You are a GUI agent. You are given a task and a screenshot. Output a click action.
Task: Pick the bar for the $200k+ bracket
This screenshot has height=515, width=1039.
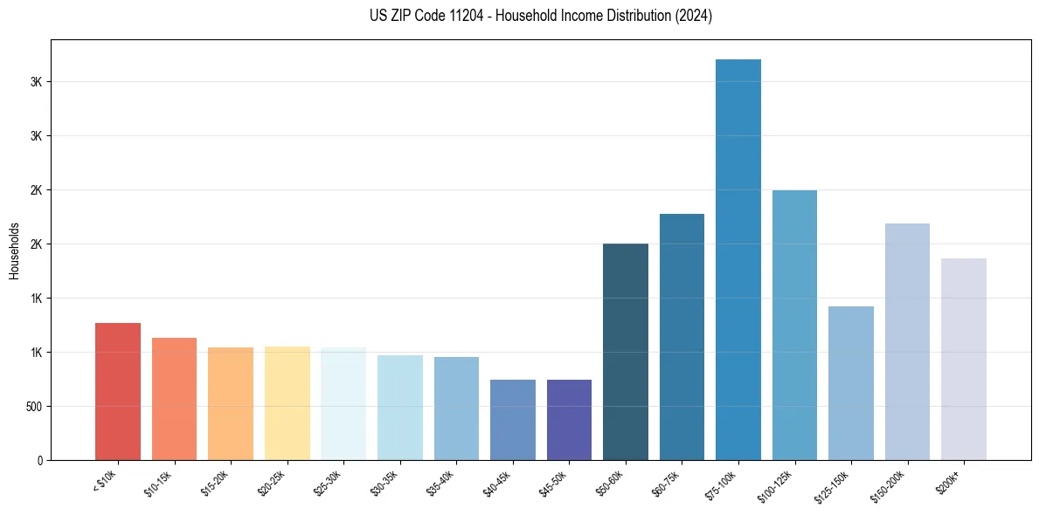(x=964, y=359)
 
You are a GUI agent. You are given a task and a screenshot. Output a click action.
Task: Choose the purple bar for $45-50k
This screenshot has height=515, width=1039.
(x=569, y=420)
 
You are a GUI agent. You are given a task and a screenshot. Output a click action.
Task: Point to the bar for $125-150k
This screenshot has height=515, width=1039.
(x=851, y=383)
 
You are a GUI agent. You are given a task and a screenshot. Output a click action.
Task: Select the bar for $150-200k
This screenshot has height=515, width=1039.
(x=907, y=341)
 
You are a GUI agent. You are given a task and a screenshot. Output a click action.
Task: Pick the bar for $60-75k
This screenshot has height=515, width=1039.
(x=682, y=337)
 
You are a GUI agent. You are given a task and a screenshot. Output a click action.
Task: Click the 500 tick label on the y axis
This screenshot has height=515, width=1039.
(x=34, y=407)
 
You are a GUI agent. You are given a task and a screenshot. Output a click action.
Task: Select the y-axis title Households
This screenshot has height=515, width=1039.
(x=15, y=251)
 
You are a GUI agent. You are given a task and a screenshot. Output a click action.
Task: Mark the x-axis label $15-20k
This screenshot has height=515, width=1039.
(x=217, y=482)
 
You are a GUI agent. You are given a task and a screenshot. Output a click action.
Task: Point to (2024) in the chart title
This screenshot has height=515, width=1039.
(x=693, y=16)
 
